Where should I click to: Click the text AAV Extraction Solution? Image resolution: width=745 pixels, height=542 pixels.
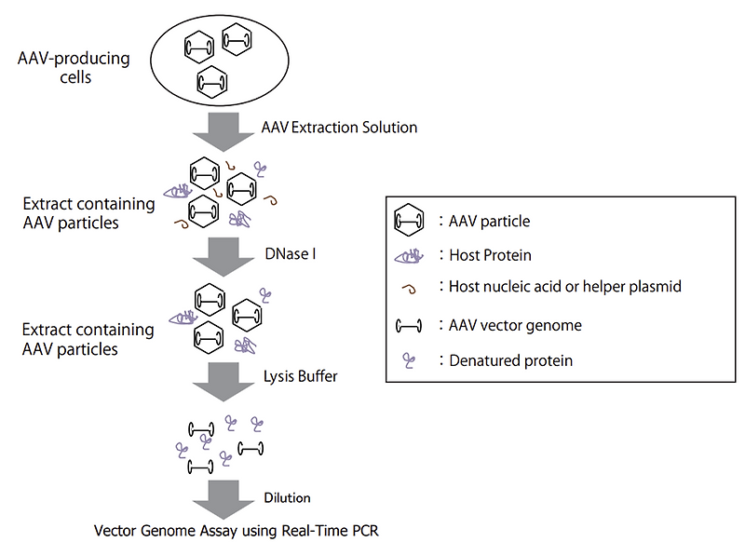coord(338,127)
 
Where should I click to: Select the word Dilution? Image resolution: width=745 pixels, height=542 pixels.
coord(288,498)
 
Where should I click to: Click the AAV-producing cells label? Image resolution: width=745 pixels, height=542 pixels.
coord(74,68)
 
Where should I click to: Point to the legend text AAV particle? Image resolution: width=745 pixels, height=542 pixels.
coord(493,222)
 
